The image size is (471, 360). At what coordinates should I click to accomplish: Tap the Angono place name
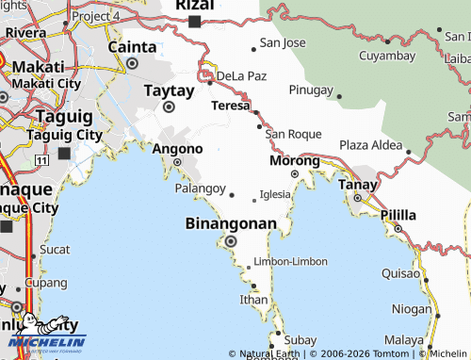177,149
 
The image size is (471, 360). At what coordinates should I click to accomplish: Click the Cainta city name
132,46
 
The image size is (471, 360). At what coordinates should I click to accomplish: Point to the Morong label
294,160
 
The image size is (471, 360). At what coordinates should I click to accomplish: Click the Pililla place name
398,215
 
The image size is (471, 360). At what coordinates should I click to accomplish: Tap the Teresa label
231,106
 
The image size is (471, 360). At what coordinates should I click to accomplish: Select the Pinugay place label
311,90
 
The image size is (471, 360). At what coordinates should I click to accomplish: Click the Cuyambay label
387,56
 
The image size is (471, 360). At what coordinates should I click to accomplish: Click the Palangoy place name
201,188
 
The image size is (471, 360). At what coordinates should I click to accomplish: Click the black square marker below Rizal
194,22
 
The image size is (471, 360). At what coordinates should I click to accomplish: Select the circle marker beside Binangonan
231,241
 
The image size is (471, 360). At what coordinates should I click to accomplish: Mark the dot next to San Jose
253,48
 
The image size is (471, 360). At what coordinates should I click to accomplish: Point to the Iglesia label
275,194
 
